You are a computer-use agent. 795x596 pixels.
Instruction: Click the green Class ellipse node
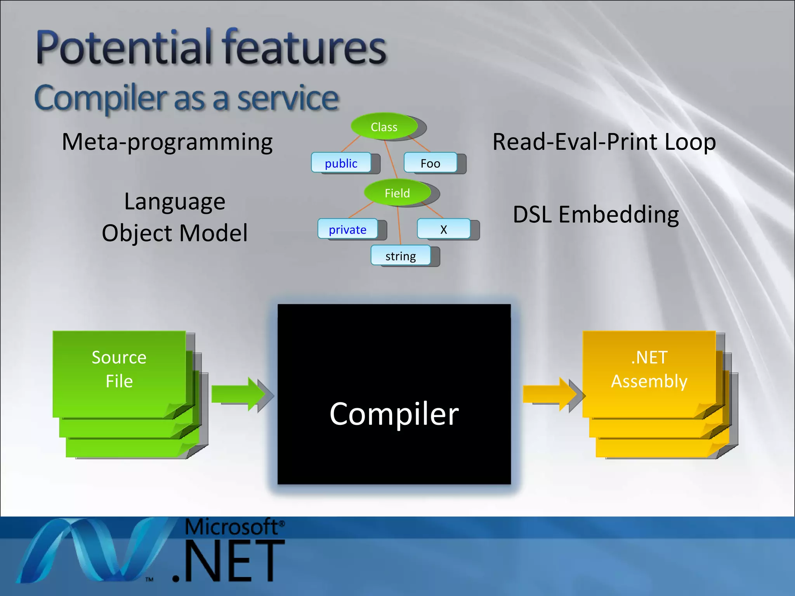tap(384, 126)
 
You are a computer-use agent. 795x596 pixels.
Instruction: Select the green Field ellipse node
tap(397, 192)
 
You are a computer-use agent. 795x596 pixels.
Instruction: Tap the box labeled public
tap(341, 163)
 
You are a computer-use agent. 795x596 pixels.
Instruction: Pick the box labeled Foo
tap(430, 163)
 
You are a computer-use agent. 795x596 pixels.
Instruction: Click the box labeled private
tap(347, 229)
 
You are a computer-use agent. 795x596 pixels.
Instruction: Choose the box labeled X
tap(443, 229)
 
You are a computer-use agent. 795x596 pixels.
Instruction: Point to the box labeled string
tap(400, 256)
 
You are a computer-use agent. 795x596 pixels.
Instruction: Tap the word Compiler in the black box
tap(394, 414)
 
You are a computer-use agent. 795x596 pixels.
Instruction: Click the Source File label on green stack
tap(119, 369)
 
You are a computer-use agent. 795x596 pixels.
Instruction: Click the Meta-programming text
tap(167, 142)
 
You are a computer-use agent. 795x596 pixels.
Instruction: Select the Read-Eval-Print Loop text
tap(604, 142)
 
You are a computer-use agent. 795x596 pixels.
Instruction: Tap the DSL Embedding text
tap(595, 214)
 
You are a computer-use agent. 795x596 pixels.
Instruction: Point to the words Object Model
tap(175, 233)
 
